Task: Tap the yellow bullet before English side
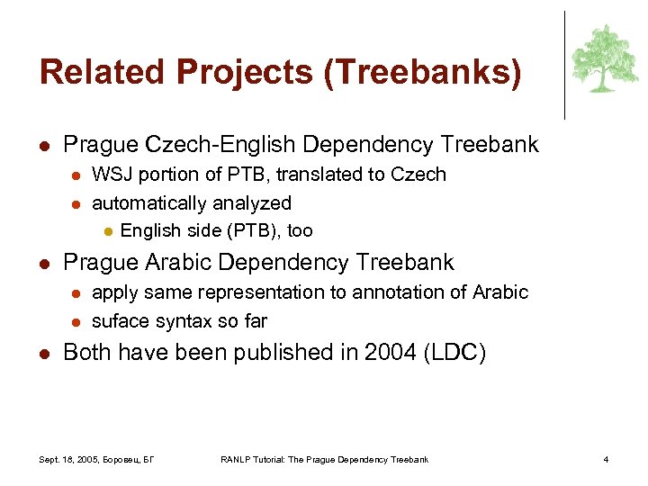tap(106, 231)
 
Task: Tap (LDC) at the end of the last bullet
tap(454, 353)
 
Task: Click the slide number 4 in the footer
tap(606, 460)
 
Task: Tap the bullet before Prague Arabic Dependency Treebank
tap(44, 264)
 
